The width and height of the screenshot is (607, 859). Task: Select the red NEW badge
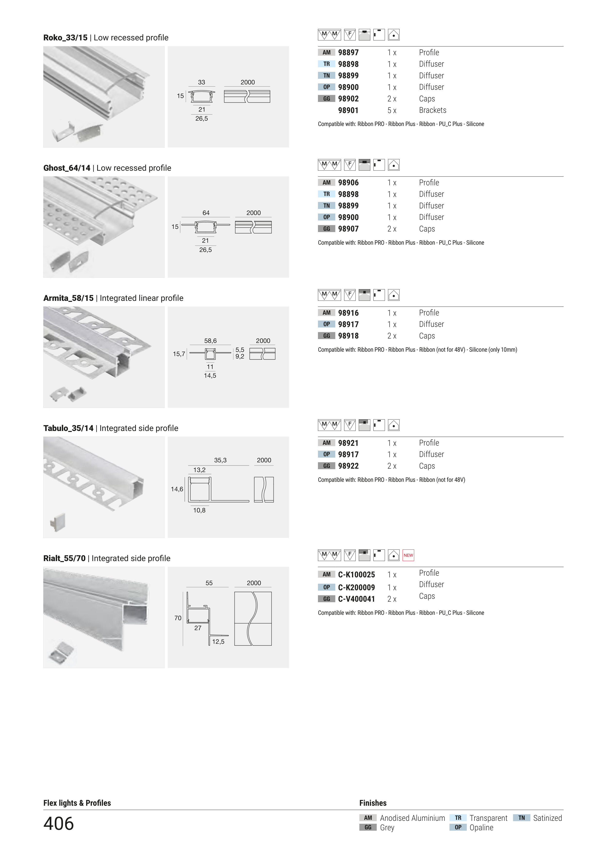coord(408,555)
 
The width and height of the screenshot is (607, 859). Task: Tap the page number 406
coord(59,823)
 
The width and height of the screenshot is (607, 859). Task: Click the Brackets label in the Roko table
coord(432,110)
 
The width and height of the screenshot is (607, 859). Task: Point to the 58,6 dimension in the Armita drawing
coord(210,341)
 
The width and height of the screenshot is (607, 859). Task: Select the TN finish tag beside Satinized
coord(521,818)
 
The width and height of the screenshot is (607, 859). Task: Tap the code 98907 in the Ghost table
coord(348,229)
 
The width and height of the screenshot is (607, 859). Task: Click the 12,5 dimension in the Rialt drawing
coord(218,642)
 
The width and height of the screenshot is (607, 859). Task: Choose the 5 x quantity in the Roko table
coord(392,110)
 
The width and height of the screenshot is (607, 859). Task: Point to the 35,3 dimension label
coord(220,460)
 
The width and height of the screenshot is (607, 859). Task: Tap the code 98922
coord(348,466)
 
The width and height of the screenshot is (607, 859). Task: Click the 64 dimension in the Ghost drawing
coord(206,213)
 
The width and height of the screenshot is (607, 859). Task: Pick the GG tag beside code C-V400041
coord(326,599)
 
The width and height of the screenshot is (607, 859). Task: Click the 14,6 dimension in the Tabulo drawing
coord(177,489)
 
